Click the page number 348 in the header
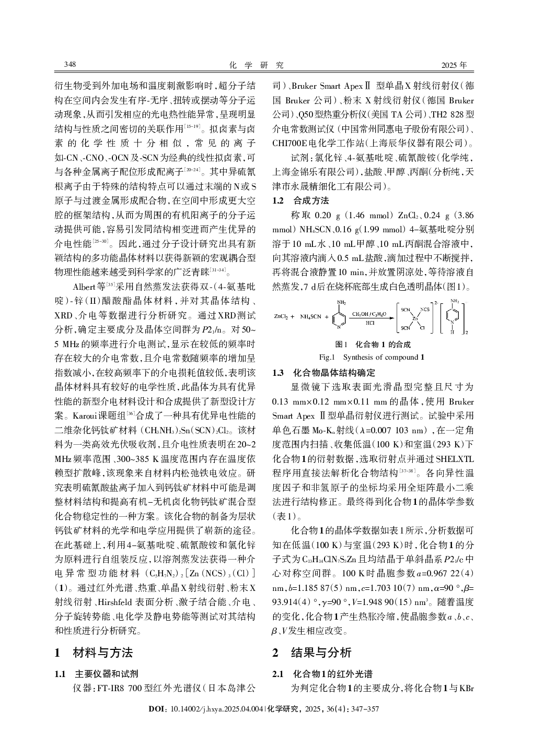point(69,65)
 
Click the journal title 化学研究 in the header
point(257,65)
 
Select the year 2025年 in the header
point(454,65)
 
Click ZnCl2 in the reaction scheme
point(281,316)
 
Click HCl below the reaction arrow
point(369,323)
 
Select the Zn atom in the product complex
point(415,317)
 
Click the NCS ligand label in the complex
point(425,309)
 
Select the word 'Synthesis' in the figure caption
point(358,357)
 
